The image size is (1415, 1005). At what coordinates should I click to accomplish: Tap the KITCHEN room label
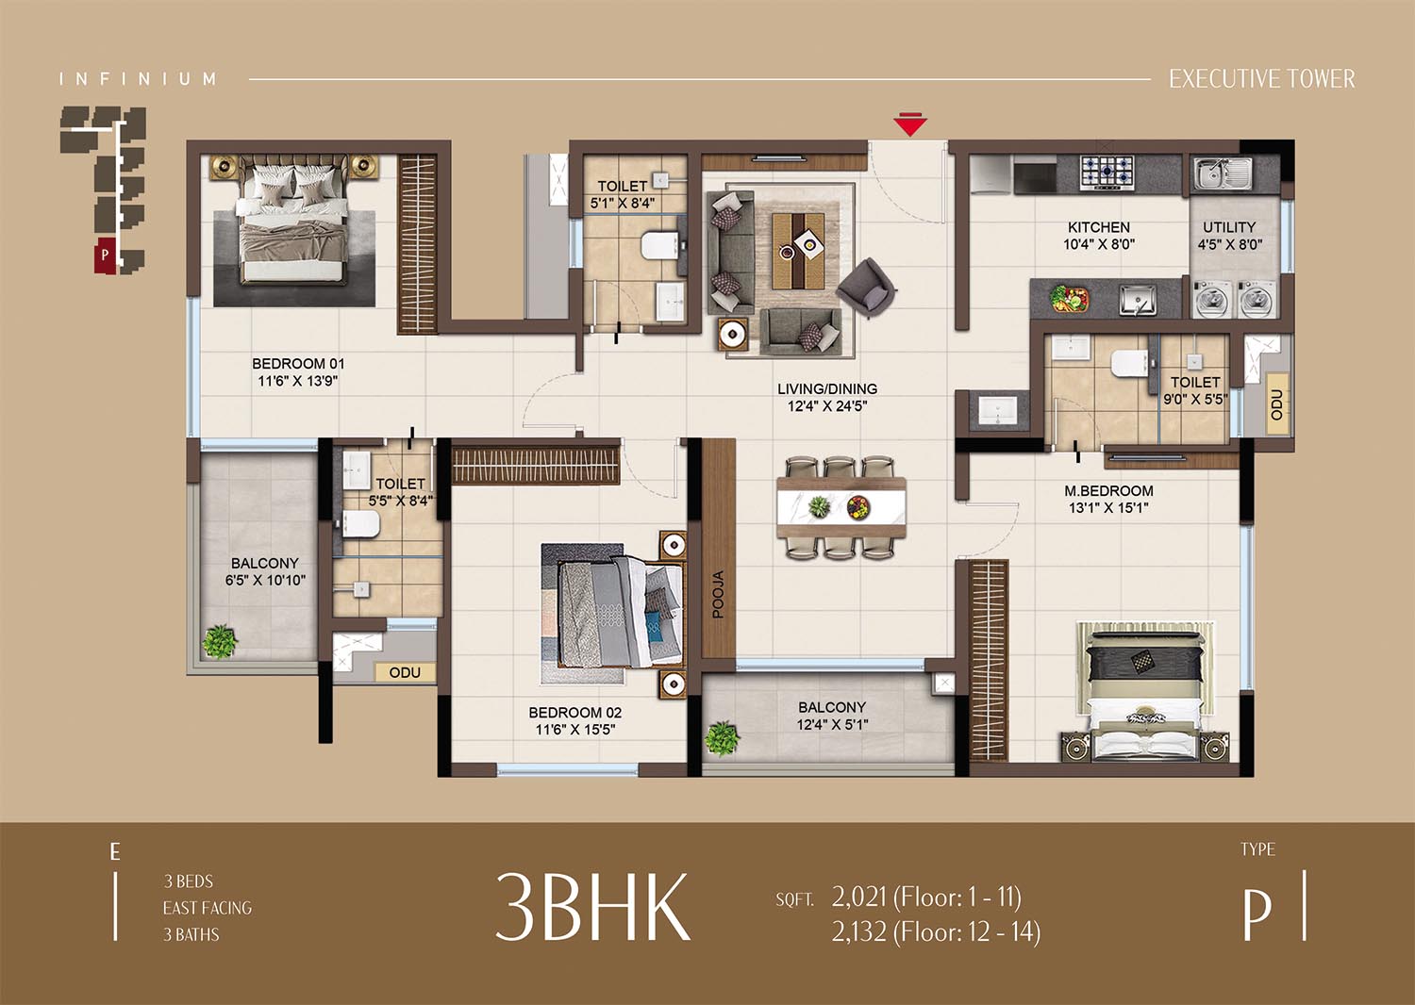[x=1099, y=227]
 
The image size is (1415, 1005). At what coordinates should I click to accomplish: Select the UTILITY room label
[x=1229, y=227]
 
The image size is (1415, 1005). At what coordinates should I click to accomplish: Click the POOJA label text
[x=718, y=594]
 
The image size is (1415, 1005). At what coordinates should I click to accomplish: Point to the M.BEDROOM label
[x=1108, y=490]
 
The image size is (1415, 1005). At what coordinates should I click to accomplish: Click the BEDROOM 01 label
[x=298, y=364]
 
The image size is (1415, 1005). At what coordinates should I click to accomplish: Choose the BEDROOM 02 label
[x=574, y=713]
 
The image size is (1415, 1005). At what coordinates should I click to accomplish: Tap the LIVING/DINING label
[x=827, y=388]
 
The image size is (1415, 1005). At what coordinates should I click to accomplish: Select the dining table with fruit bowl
[x=841, y=507]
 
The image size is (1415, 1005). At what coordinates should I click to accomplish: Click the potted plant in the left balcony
[x=219, y=641]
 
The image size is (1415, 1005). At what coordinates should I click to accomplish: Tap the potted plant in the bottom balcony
[x=722, y=739]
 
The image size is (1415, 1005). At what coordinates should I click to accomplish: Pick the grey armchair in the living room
[x=867, y=288]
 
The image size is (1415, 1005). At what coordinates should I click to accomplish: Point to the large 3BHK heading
[x=591, y=907]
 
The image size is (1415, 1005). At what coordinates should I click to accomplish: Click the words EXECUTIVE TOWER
[x=1261, y=79]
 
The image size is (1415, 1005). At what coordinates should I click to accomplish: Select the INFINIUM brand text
[x=138, y=79]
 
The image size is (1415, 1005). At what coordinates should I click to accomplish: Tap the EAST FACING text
[x=208, y=908]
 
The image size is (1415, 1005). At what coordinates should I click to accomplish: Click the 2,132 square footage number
[x=859, y=931]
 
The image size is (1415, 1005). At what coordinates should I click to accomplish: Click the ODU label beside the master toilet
[x=1276, y=404]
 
